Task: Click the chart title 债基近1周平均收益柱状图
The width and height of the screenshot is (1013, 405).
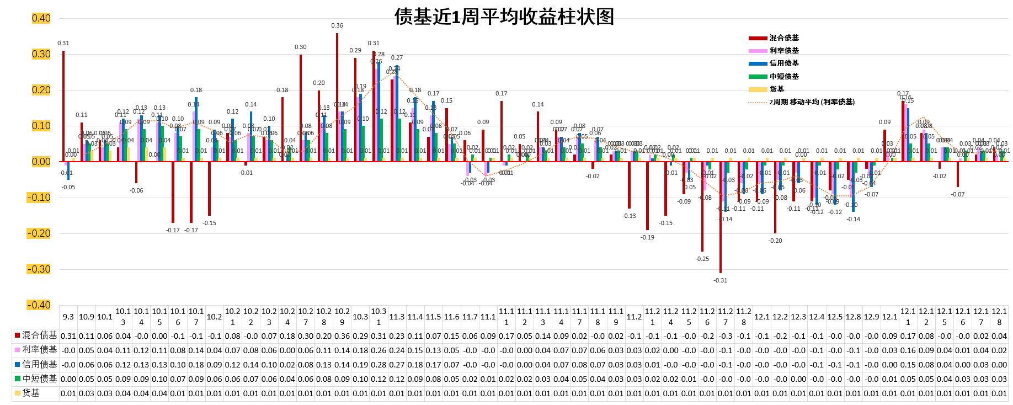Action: coord(504,17)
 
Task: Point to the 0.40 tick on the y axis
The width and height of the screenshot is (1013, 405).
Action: coord(41,18)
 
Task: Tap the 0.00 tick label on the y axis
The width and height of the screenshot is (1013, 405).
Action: coord(41,162)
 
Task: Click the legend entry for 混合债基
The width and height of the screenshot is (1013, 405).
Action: coord(783,38)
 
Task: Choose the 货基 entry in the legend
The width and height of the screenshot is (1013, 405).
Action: coord(776,89)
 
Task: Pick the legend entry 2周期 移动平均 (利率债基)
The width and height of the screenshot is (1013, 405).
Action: coord(812,102)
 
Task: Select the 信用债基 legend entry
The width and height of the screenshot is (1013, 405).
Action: coord(783,63)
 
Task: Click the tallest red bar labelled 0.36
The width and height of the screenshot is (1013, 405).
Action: coord(337,97)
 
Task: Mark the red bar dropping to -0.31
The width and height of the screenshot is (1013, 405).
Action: coord(721,217)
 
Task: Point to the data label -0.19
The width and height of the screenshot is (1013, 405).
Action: coord(647,237)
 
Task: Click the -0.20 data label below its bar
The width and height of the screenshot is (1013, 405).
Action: coord(775,241)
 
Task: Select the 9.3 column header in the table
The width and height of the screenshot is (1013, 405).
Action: coord(68,317)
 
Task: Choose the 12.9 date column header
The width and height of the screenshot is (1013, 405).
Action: coord(871,317)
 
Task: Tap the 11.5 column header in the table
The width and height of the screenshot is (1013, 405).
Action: coord(433,317)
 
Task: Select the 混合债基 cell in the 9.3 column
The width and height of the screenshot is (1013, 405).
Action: coord(68,335)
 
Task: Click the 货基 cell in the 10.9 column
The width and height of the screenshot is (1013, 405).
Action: coord(87,393)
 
